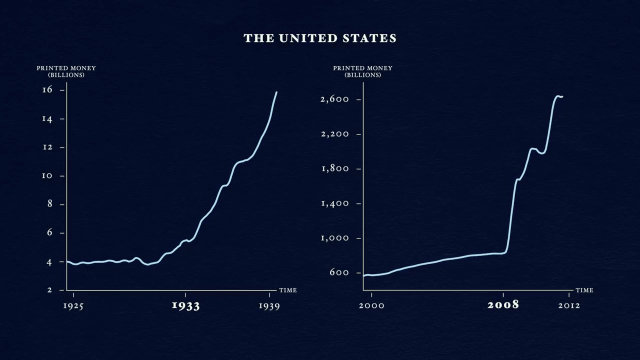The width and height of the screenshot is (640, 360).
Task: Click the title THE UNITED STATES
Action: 320,38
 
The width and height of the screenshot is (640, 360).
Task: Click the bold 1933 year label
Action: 185,305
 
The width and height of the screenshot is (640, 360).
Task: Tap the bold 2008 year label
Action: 503,305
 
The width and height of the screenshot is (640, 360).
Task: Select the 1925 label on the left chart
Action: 73,306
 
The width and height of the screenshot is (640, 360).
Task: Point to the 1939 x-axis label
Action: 269,306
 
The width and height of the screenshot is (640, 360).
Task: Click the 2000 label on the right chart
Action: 371,305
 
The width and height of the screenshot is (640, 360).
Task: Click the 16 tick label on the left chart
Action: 47,89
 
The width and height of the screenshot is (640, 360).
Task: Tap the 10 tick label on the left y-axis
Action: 47,175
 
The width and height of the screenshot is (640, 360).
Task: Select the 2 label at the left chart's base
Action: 49,290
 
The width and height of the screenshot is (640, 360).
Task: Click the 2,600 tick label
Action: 334,99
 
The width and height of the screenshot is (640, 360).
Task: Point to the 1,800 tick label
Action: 334,168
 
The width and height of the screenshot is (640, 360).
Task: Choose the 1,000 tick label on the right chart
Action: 334,238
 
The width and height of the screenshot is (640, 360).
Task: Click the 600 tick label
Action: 338,272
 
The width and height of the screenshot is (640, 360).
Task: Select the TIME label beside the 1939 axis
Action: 288,290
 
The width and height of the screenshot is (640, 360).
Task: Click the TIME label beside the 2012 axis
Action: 584,290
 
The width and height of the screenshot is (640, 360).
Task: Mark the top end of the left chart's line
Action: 276,92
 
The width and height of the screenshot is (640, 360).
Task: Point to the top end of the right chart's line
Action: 562,96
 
